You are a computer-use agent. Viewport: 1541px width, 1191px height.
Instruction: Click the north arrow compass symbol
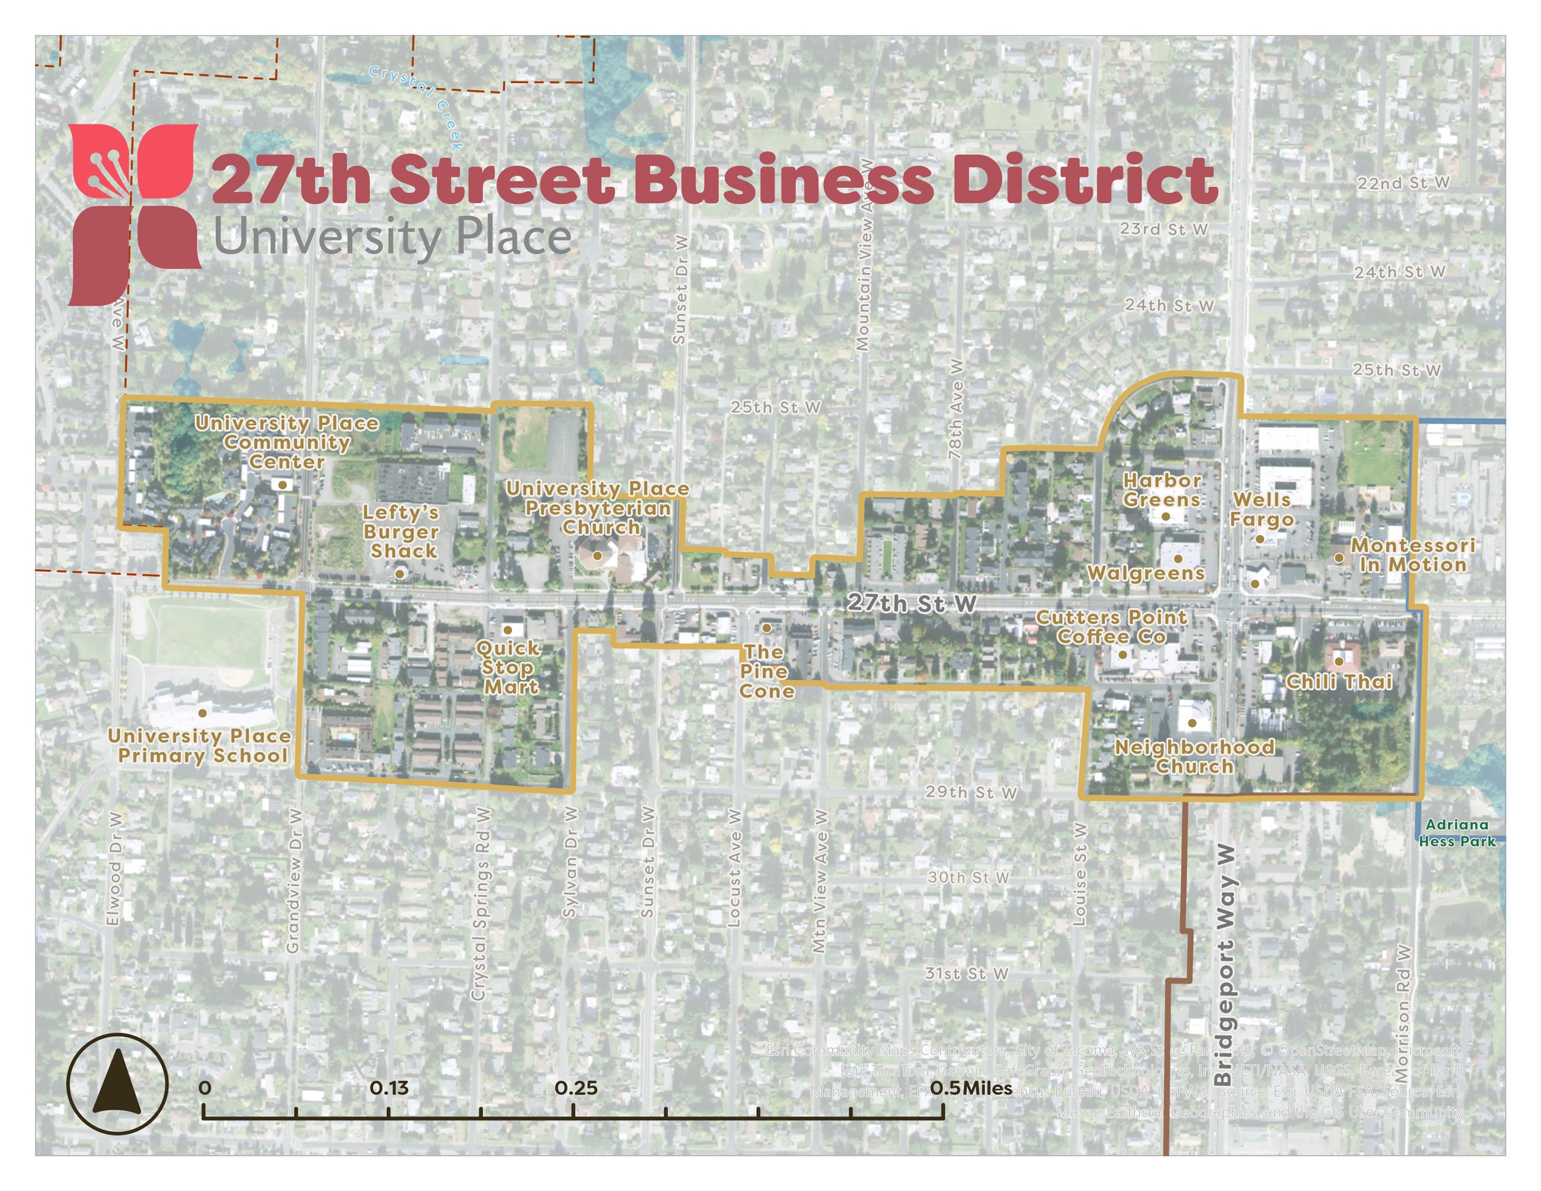tap(117, 1084)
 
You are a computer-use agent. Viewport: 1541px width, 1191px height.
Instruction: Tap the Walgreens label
tap(1146, 573)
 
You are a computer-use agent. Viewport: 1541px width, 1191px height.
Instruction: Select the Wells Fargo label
tap(1262, 509)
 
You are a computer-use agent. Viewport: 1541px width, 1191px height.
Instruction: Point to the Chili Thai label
tap(1338, 682)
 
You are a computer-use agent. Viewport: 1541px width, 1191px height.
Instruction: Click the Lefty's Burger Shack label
tap(401, 532)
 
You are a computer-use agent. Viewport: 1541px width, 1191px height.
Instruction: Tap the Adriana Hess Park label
tap(1456, 832)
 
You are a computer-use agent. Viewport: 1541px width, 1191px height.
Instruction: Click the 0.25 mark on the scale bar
tap(576, 1088)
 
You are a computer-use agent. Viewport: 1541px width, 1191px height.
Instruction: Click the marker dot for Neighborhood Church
tap(1192, 723)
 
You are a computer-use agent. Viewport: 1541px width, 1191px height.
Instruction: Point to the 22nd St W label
tap(1403, 183)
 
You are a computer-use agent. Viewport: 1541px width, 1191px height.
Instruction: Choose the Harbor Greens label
tap(1162, 490)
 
